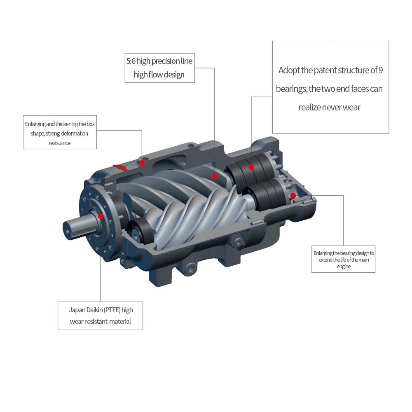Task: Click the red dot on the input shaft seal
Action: [101, 216]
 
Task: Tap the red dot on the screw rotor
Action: [214, 176]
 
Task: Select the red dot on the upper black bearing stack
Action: [251, 167]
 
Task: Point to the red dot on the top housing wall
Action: [142, 163]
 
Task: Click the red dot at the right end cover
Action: [293, 195]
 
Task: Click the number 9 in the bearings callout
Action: [380, 70]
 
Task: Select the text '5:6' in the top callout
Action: [131, 61]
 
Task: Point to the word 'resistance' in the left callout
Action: [60, 143]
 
